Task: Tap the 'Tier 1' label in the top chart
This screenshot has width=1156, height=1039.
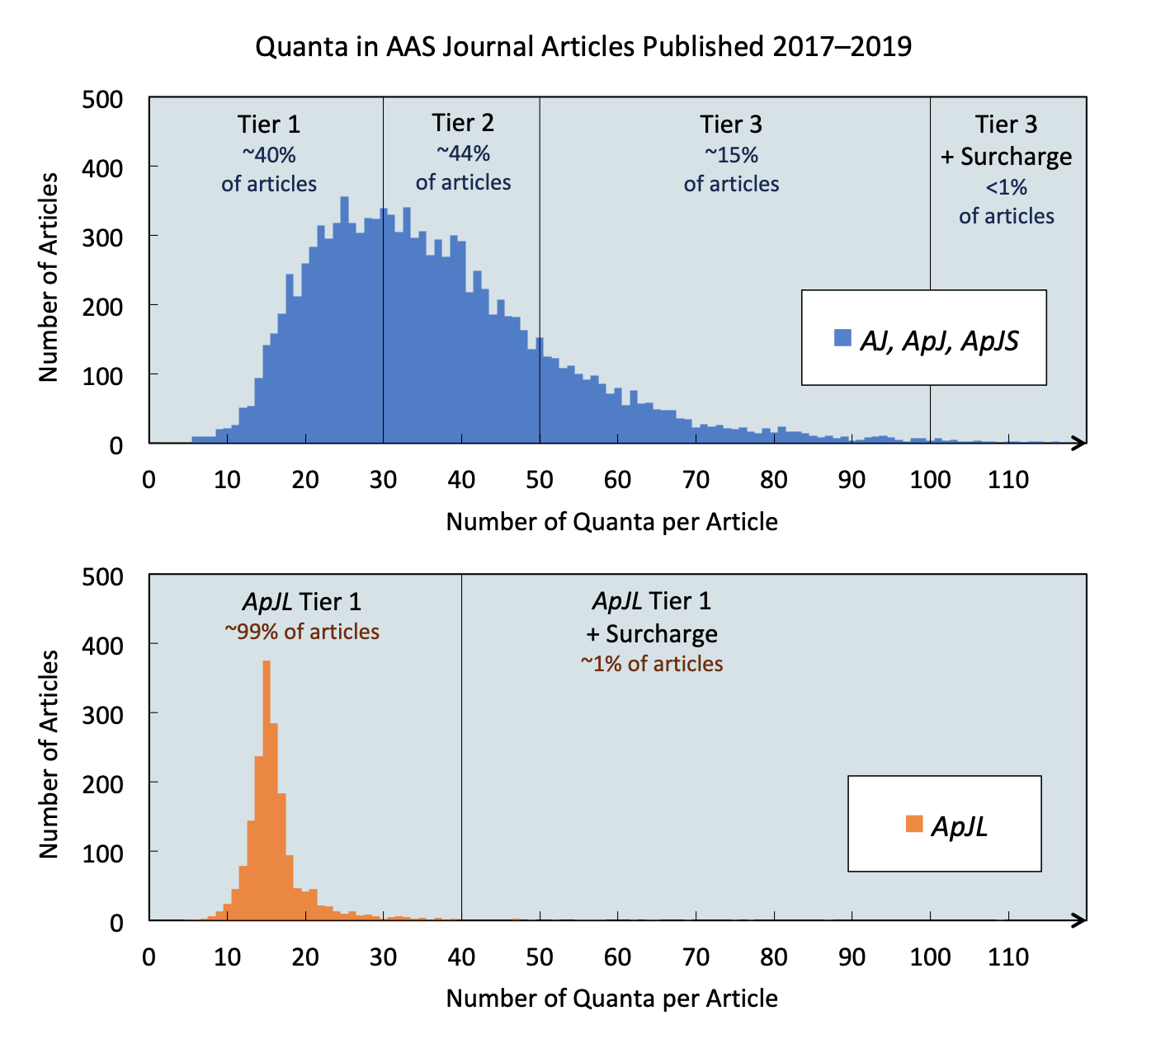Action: [269, 125]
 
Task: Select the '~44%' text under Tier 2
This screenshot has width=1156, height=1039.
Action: [463, 153]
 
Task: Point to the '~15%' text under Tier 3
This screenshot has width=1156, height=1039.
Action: [731, 155]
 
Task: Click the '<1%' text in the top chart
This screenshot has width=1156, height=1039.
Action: [1006, 187]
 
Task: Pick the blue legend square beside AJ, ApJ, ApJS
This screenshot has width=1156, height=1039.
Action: [842, 337]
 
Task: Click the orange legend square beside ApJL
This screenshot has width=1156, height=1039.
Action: [913, 824]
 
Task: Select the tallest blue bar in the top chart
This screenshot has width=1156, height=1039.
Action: [344, 322]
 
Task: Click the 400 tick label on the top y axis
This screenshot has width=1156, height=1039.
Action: [102, 169]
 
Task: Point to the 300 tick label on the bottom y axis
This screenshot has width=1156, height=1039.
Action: [102, 713]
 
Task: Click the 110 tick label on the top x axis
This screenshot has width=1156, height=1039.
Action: [1007, 480]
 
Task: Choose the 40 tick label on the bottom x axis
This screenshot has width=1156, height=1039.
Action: [461, 957]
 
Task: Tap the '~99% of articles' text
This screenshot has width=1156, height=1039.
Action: [302, 632]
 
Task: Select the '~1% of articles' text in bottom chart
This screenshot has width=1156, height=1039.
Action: [651, 664]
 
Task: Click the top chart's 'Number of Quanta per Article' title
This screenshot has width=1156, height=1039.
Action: [611, 522]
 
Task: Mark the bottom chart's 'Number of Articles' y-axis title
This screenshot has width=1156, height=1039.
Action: [50, 754]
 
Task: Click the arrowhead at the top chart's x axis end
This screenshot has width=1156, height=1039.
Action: [1078, 444]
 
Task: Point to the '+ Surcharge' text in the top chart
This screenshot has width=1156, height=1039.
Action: [1006, 157]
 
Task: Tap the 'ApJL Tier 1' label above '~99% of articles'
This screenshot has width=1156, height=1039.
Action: [302, 601]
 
